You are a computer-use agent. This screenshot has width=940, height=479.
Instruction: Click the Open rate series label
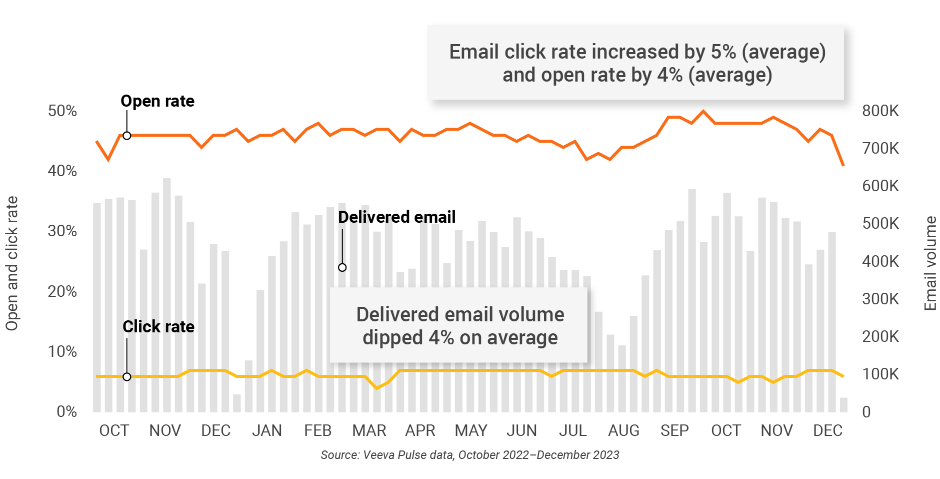(x=157, y=101)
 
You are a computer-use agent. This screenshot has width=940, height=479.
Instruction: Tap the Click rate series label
(x=158, y=327)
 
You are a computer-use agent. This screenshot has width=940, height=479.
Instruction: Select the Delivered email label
(x=396, y=217)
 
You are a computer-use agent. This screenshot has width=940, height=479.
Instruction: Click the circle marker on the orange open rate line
(x=127, y=136)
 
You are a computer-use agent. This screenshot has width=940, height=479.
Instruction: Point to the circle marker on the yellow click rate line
(x=127, y=377)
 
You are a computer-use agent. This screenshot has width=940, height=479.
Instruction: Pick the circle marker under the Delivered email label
(x=342, y=268)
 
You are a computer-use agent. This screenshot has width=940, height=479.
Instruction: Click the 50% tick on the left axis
(x=62, y=111)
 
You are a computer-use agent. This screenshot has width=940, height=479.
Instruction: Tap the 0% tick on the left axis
(x=66, y=411)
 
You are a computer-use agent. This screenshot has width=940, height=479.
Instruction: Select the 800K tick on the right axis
(x=880, y=111)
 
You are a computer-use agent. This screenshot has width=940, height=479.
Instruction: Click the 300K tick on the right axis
(x=880, y=299)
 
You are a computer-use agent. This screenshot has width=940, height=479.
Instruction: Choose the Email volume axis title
(x=930, y=263)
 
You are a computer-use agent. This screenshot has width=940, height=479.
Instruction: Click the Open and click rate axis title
(x=11, y=263)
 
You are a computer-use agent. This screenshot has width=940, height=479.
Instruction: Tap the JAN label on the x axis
(x=266, y=430)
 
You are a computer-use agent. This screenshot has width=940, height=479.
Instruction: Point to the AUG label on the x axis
(x=623, y=430)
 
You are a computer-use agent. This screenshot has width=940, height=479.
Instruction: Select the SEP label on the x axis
(x=674, y=430)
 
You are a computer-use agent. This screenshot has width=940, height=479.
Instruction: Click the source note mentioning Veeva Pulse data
(x=469, y=455)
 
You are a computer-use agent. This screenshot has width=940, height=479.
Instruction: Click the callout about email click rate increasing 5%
(x=636, y=63)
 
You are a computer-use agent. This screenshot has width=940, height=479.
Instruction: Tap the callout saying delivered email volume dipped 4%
(x=459, y=326)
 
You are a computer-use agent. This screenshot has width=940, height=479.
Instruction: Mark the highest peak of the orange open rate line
(x=703, y=111)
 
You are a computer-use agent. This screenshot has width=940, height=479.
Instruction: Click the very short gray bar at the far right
(x=843, y=405)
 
